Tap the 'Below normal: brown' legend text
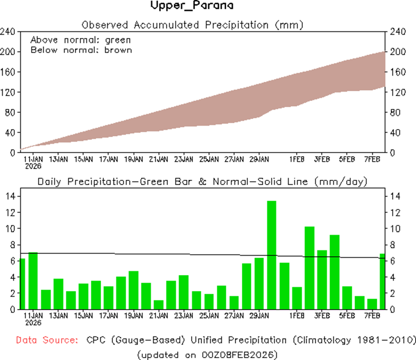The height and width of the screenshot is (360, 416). click(81, 50)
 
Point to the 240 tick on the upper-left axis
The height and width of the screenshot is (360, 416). click(9, 32)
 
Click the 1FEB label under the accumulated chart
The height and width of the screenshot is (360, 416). click(297, 159)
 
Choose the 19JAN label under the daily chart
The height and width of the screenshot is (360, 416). click(133, 316)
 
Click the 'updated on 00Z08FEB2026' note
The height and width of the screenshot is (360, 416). click(208, 354)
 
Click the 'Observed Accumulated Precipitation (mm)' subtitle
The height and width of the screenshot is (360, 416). click(192, 25)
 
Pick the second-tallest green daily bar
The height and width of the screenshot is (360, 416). click(309, 267)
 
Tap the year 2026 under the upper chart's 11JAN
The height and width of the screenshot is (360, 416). click(33, 166)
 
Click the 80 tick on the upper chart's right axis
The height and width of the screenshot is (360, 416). click(395, 112)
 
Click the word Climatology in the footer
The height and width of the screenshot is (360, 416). click(332, 340)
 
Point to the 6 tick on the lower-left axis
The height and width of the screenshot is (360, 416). click(12, 261)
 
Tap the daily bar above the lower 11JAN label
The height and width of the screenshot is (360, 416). click(33, 280)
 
